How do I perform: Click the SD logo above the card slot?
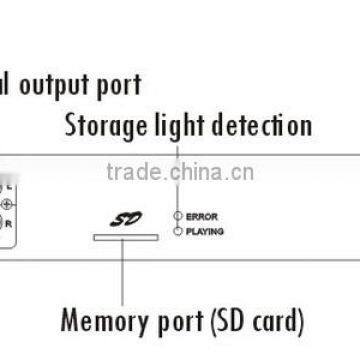[x=121, y=217]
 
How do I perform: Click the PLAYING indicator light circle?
[x=177, y=230]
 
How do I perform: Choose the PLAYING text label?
[x=205, y=230]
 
